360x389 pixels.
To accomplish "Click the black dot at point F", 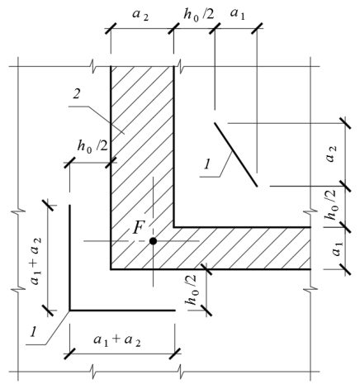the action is pyautogui.click(x=153, y=241).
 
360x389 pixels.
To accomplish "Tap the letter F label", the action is pyautogui.click(x=138, y=228).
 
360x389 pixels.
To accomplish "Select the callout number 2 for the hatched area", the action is pyautogui.click(x=77, y=94).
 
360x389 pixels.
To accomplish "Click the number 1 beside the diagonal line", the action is pyautogui.click(x=206, y=164).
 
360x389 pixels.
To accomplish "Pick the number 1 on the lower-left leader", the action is pyautogui.click(x=34, y=331).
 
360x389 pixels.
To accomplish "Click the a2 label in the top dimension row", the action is pyautogui.click(x=140, y=15).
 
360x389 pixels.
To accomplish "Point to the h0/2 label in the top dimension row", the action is pyautogui.click(x=198, y=14).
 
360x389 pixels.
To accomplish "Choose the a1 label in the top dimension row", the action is pyautogui.click(x=237, y=14).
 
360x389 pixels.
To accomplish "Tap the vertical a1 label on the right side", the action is pyautogui.click(x=336, y=249).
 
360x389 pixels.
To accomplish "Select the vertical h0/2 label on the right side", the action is pyautogui.click(x=330, y=204).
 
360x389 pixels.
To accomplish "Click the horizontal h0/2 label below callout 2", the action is pyautogui.click(x=92, y=146).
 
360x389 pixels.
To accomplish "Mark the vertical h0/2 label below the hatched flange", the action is pyautogui.click(x=191, y=290).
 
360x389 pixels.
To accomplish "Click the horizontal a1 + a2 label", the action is pyautogui.click(x=117, y=340).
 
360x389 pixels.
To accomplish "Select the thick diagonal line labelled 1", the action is pyautogui.click(x=236, y=154).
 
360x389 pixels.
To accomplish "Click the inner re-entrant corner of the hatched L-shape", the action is pyautogui.click(x=173, y=227).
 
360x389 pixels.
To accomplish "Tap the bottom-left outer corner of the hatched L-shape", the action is pyautogui.click(x=111, y=269).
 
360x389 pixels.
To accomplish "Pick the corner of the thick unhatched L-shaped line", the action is pyautogui.click(x=69, y=311).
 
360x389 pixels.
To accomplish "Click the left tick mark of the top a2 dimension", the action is pyautogui.click(x=111, y=28).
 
